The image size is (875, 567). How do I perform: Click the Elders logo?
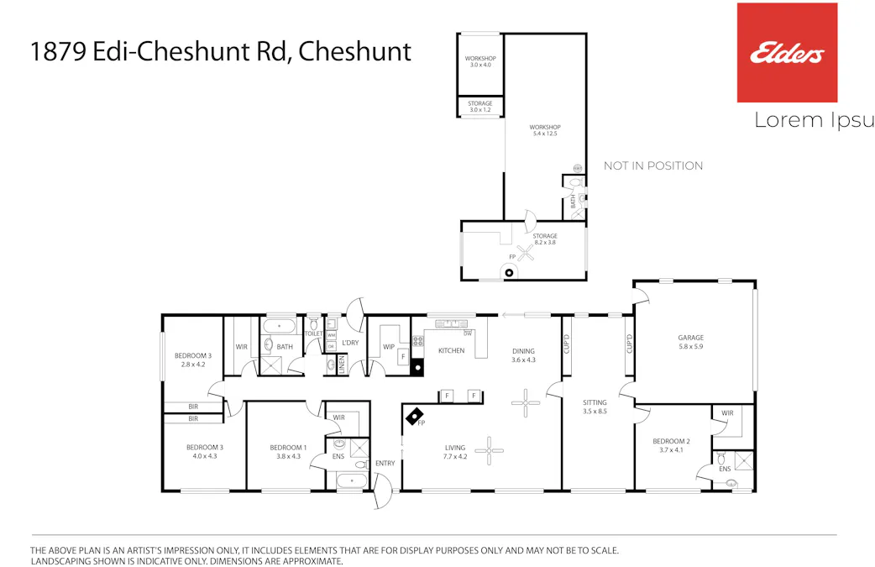pos(787,53)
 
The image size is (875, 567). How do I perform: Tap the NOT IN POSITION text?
pos(653,165)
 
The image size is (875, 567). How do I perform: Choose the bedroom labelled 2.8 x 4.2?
pos(193,360)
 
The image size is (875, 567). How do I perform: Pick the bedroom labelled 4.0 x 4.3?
pos(204,452)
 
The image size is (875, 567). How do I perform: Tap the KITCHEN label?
pos(451,350)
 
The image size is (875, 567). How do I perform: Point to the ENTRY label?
pos(385,464)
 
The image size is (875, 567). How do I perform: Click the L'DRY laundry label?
pos(350,342)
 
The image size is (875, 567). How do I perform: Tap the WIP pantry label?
pos(389,346)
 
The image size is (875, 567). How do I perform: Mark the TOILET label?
pos(313,333)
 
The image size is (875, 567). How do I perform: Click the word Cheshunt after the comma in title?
pos(355,51)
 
